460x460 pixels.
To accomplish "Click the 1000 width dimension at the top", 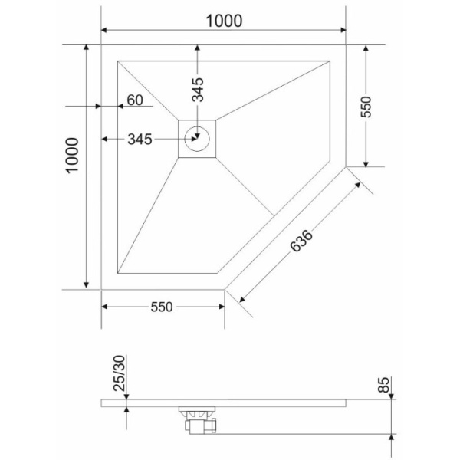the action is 224,21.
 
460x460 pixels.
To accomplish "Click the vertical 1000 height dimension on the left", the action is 73,156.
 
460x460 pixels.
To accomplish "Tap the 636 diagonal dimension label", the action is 301,242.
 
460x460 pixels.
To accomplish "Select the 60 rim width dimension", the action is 135,100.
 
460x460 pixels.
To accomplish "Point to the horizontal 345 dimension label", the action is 140,139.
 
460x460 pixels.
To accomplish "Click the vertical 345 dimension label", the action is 198,90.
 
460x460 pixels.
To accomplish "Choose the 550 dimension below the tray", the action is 162,307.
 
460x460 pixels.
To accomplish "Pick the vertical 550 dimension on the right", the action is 366,107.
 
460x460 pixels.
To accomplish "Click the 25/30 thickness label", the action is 120,373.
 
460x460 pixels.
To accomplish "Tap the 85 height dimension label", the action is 383,385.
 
